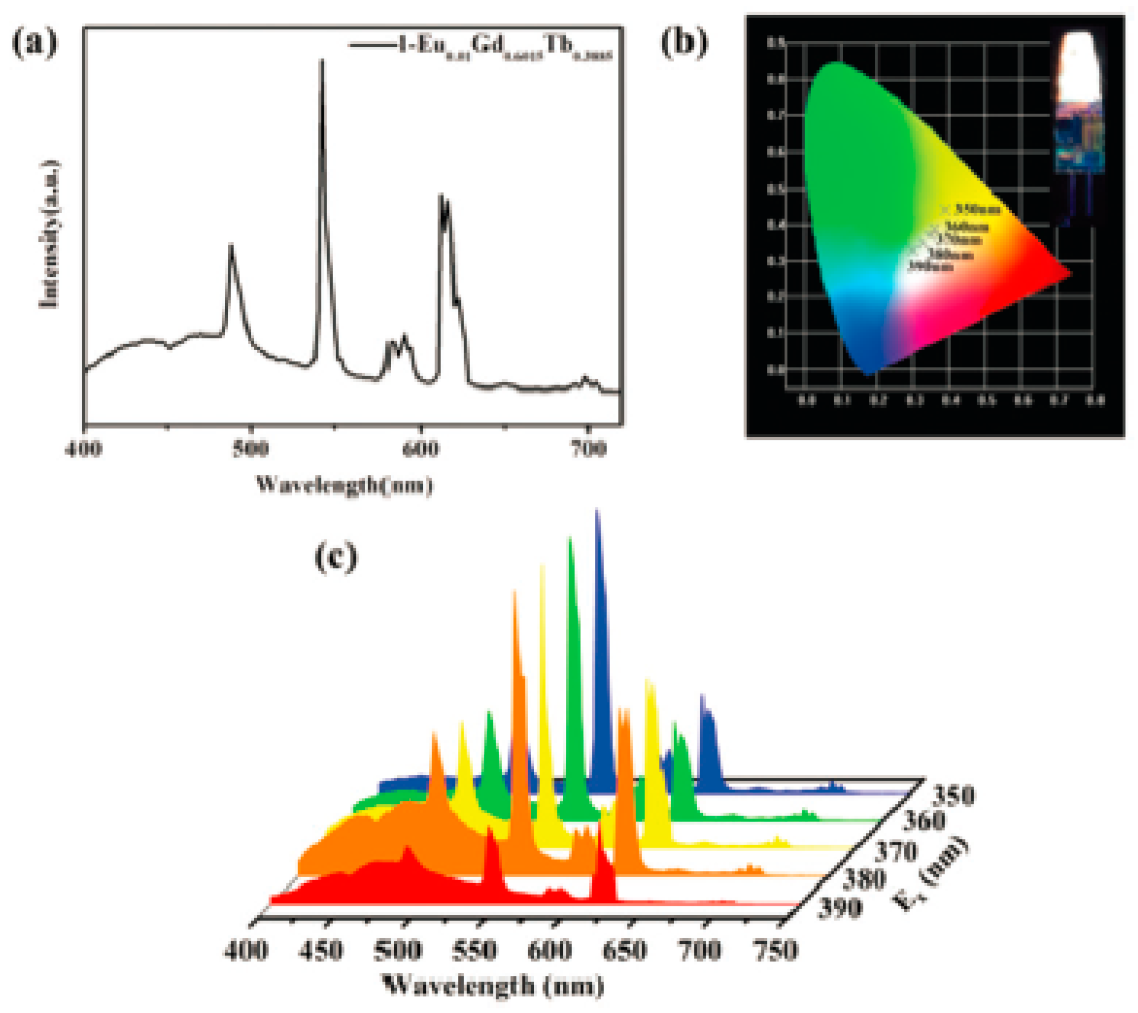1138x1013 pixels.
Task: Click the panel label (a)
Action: pos(35,45)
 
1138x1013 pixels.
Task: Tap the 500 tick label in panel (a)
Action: pos(250,449)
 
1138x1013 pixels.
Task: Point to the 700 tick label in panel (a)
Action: pos(588,449)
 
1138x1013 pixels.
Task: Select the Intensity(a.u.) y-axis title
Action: pos(50,235)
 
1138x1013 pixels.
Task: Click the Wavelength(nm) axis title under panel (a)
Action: pos(344,485)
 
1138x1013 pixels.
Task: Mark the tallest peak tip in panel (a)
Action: pos(321,60)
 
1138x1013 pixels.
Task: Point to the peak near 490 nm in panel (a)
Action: pos(231,245)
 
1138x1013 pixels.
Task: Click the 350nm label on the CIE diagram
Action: pos(978,209)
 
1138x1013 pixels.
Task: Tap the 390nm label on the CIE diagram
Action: pos(931,266)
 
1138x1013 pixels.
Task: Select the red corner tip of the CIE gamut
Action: pos(1069,273)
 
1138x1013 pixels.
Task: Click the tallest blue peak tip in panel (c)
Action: pos(597,511)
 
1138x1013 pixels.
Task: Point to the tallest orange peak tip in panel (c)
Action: pos(514,592)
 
